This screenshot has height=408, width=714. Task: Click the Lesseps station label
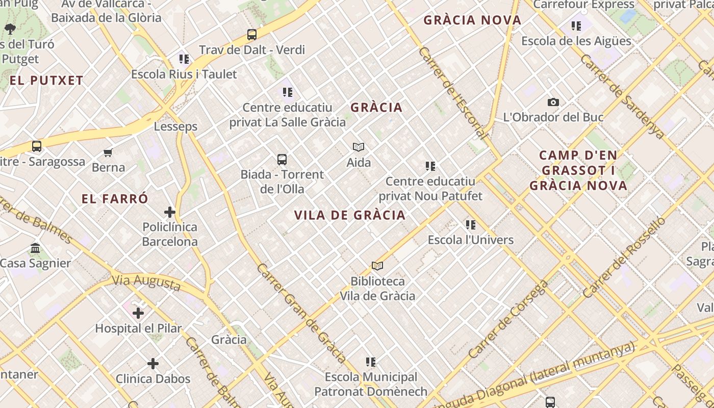click(175, 126)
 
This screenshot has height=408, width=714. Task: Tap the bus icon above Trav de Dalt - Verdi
click(252, 35)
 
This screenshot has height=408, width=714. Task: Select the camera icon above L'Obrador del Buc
click(553, 103)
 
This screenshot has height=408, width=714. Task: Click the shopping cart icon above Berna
click(108, 152)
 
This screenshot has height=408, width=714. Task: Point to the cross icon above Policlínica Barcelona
click(170, 212)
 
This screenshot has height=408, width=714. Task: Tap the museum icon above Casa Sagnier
click(35, 248)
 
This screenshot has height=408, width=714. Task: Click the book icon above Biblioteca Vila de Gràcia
click(377, 266)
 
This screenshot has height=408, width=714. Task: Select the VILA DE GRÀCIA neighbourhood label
click(350, 215)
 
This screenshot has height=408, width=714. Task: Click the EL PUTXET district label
click(46, 81)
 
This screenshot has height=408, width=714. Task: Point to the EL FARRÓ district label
click(115, 199)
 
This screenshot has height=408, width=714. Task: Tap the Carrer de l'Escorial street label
click(452, 93)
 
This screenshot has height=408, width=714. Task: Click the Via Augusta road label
click(146, 283)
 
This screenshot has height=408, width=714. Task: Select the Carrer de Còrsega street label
click(508, 319)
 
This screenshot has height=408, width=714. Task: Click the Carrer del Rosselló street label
click(624, 258)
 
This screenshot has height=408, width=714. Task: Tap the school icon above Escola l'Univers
click(471, 225)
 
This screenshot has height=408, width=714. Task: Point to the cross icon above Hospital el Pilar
click(138, 313)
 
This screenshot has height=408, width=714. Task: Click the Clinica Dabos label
click(153, 379)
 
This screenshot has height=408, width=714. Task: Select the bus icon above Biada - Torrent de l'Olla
click(282, 160)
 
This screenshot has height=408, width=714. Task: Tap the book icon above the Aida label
click(359, 147)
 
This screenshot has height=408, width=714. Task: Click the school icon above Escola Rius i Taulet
click(184, 60)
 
